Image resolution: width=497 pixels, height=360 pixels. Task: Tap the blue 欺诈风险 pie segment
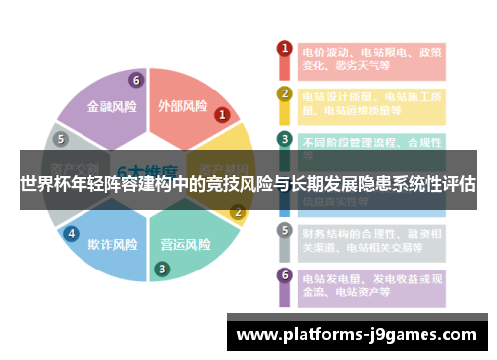pos(111,244)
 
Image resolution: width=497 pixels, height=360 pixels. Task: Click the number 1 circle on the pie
pos(223,115)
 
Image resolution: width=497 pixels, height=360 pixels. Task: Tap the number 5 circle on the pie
pos(62,139)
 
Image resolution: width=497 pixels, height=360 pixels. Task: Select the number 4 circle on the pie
pos(71,234)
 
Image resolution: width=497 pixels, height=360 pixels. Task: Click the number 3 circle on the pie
pos(161,269)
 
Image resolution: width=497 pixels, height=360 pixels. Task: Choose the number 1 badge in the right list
pos(284,48)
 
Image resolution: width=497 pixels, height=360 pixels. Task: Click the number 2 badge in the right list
pos(284,94)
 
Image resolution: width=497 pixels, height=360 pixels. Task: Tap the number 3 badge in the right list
pos(284,139)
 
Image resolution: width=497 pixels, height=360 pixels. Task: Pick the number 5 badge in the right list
pos(284,230)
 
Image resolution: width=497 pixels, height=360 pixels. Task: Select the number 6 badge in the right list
pos(284,275)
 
